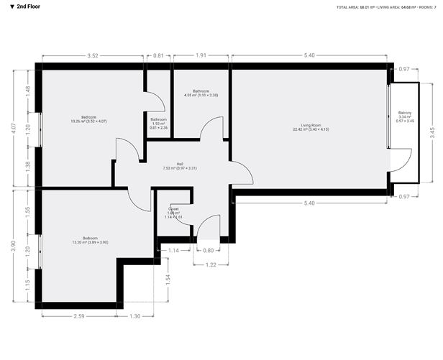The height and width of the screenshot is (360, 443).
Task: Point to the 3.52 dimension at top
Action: [92, 55]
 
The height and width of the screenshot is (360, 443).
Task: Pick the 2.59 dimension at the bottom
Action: [78, 317]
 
